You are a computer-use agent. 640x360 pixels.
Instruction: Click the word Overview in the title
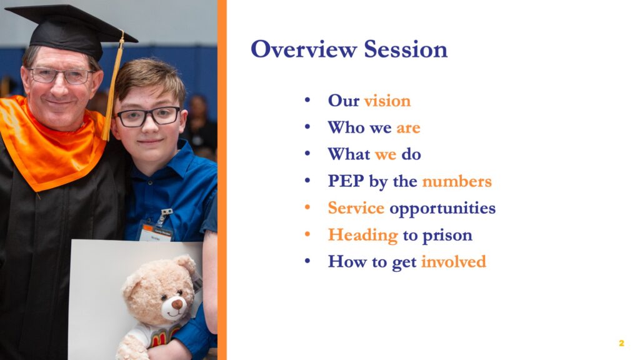click(304, 49)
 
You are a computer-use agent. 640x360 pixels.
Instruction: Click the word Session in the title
click(406, 49)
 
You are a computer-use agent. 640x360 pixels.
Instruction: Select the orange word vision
click(387, 101)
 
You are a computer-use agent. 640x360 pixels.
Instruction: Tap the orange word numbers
click(457, 181)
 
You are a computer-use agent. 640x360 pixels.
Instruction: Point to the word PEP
click(346, 181)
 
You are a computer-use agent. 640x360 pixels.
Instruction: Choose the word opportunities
click(442, 209)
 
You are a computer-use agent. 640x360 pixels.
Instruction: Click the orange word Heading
click(363, 236)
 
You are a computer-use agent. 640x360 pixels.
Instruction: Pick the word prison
click(447, 236)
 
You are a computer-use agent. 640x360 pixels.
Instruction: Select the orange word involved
click(454, 262)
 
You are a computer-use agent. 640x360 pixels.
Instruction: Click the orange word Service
click(356, 208)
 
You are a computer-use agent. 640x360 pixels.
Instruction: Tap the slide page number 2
click(621, 343)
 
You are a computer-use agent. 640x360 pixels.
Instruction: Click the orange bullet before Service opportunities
click(307, 207)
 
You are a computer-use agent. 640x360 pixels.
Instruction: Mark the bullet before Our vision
click(307, 99)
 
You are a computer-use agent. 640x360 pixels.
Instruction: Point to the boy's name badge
click(156, 231)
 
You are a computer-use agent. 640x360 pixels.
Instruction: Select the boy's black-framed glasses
click(147, 116)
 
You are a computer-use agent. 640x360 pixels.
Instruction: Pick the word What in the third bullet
click(349, 154)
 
